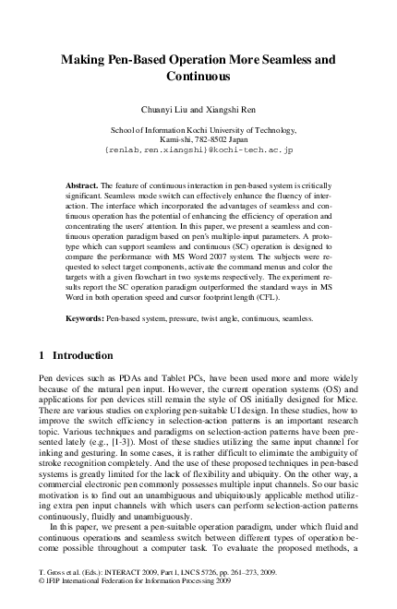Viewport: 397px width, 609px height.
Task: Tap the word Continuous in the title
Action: pyautogui.click(x=198, y=77)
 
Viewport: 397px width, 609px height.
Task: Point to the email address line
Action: pyautogui.click(x=198, y=149)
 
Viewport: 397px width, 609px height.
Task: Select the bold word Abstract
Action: pyautogui.click(x=86, y=185)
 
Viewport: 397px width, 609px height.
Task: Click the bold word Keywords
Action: pyautogui.click(x=90, y=317)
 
